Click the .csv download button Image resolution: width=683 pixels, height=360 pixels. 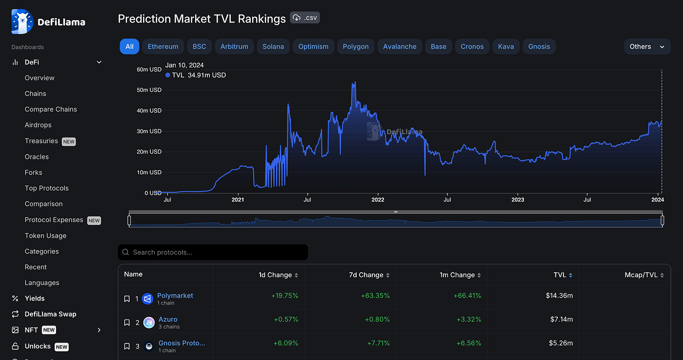click(305, 18)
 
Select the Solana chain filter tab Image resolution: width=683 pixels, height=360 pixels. click(273, 46)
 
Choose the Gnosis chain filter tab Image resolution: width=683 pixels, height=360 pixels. click(539, 46)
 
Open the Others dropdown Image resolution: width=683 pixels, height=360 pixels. click(647, 46)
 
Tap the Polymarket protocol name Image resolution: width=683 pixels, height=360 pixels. click(175, 296)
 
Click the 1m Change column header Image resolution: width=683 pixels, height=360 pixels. click(460, 275)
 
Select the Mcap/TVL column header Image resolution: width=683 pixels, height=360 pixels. click(641, 275)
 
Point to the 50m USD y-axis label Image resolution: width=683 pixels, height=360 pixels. click(149, 90)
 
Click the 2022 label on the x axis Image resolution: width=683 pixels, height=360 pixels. click(378, 200)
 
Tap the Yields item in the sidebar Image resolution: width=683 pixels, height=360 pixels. click(35, 299)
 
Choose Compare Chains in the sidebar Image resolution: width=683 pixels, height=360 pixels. click(51, 109)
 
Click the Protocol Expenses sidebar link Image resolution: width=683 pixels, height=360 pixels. click(54, 220)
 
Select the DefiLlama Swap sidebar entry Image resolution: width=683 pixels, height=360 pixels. click(50, 314)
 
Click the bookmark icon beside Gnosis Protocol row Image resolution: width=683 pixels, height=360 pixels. click(127, 346)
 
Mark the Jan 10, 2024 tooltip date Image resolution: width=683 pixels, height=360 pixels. click(184, 65)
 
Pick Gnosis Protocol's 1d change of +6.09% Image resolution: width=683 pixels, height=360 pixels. click(284, 343)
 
